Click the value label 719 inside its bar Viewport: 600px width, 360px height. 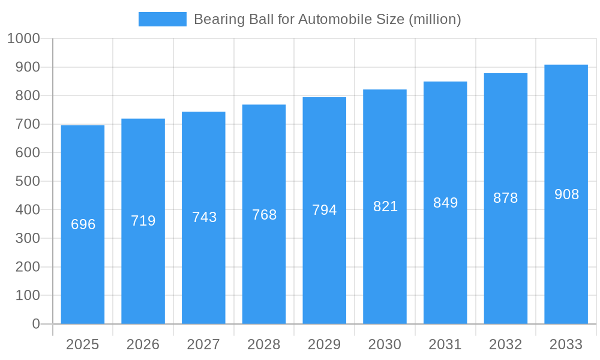143,221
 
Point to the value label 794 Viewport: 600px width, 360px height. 325,210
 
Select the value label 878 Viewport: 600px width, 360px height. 506,198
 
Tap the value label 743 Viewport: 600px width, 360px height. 204,217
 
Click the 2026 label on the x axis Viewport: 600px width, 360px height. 143,344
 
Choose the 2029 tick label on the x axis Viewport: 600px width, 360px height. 325,344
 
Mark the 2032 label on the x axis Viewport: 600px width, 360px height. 506,344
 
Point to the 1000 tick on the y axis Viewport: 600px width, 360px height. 23,38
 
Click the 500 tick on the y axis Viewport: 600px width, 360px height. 27,181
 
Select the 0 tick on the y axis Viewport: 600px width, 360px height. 36,324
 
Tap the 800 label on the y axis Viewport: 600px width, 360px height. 27,95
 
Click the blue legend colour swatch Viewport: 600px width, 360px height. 162,19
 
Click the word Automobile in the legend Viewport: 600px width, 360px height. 332,19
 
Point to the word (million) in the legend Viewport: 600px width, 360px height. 434,19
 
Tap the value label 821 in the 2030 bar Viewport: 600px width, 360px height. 385,206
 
